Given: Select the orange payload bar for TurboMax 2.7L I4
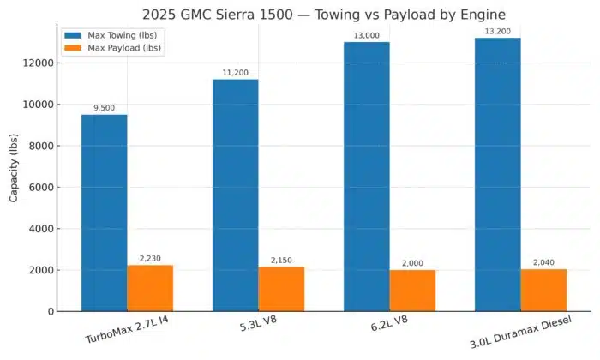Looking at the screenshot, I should [x=150, y=288].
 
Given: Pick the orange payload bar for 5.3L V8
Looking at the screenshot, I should [x=281, y=289].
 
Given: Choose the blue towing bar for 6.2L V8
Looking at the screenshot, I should [x=367, y=176].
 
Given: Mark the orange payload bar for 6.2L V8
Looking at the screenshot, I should [x=412, y=291].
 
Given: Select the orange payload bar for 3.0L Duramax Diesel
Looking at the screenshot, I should [x=543, y=290].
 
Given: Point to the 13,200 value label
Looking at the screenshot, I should [x=498, y=31].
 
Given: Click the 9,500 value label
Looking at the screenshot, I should [x=105, y=108].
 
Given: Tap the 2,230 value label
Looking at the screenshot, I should [x=150, y=258].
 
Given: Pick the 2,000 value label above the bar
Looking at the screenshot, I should [x=412, y=263].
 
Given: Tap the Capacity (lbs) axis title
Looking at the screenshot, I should [x=14, y=167].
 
